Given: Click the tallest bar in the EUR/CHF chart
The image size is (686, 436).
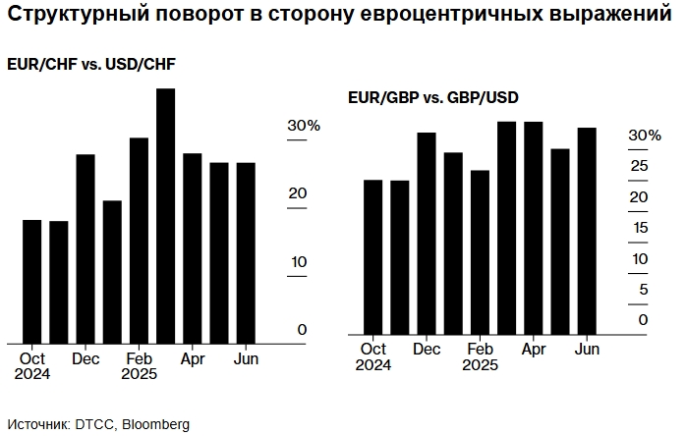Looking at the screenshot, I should click(165, 216).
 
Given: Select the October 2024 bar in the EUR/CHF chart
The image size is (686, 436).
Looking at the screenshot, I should click(31, 281).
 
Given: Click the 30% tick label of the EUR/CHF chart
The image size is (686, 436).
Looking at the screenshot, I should click(303, 127).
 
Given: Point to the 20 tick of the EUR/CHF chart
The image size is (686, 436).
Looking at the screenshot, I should click(297, 194).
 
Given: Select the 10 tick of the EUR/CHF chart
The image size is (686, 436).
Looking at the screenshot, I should click(297, 262).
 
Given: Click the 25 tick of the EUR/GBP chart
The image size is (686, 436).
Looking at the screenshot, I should click(639, 166).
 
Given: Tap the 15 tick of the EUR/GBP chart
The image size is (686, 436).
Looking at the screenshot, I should click(639, 228).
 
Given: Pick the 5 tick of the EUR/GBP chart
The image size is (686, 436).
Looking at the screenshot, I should click(643, 289).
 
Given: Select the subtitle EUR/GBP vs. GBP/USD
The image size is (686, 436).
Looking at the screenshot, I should click(432, 98).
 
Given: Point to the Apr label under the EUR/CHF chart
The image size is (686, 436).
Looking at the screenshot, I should click(193, 358).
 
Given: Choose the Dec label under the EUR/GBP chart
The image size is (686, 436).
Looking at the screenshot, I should click(427, 349).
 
